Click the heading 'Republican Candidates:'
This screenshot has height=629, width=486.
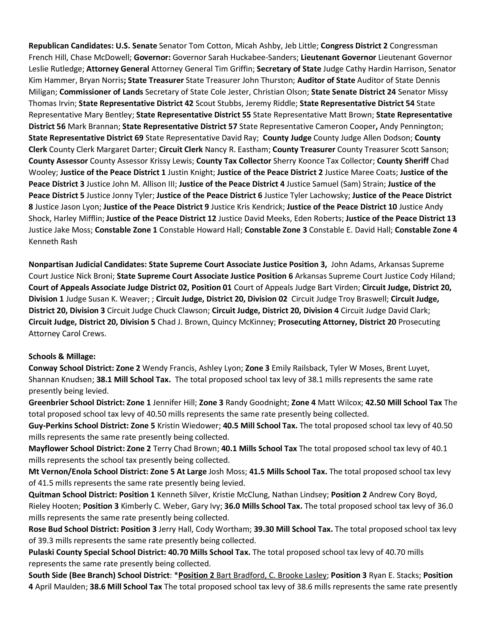click(x=71, y=46)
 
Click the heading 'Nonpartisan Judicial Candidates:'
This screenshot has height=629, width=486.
click(x=87, y=264)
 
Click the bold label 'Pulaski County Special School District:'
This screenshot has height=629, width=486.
click(x=97, y=552)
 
